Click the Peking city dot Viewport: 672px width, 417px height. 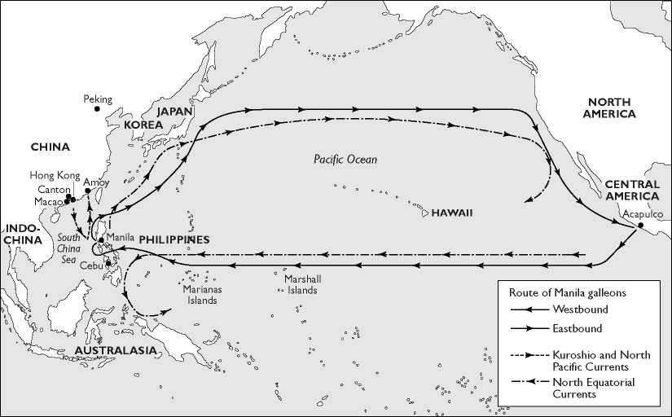click(x=97, y=108)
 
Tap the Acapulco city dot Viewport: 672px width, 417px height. click(x=641, y=226)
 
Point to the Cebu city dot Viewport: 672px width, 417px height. click(x=108, y=263)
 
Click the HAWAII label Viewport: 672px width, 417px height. click(x=452, y=213)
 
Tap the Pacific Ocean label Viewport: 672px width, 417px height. click(x=345, y=160)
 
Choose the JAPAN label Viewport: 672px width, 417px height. click(x=175, y=111)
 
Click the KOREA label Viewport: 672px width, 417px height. click(x=143, y=125)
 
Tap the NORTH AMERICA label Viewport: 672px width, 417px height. click(x=609, y=108)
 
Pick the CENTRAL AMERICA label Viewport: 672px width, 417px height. click(x=632, y=190)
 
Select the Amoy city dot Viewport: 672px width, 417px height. click(x=87, y=191)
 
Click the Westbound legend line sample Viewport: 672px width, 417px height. click(x=525, y=309)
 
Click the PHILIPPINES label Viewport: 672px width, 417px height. click(x=173, y=239)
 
